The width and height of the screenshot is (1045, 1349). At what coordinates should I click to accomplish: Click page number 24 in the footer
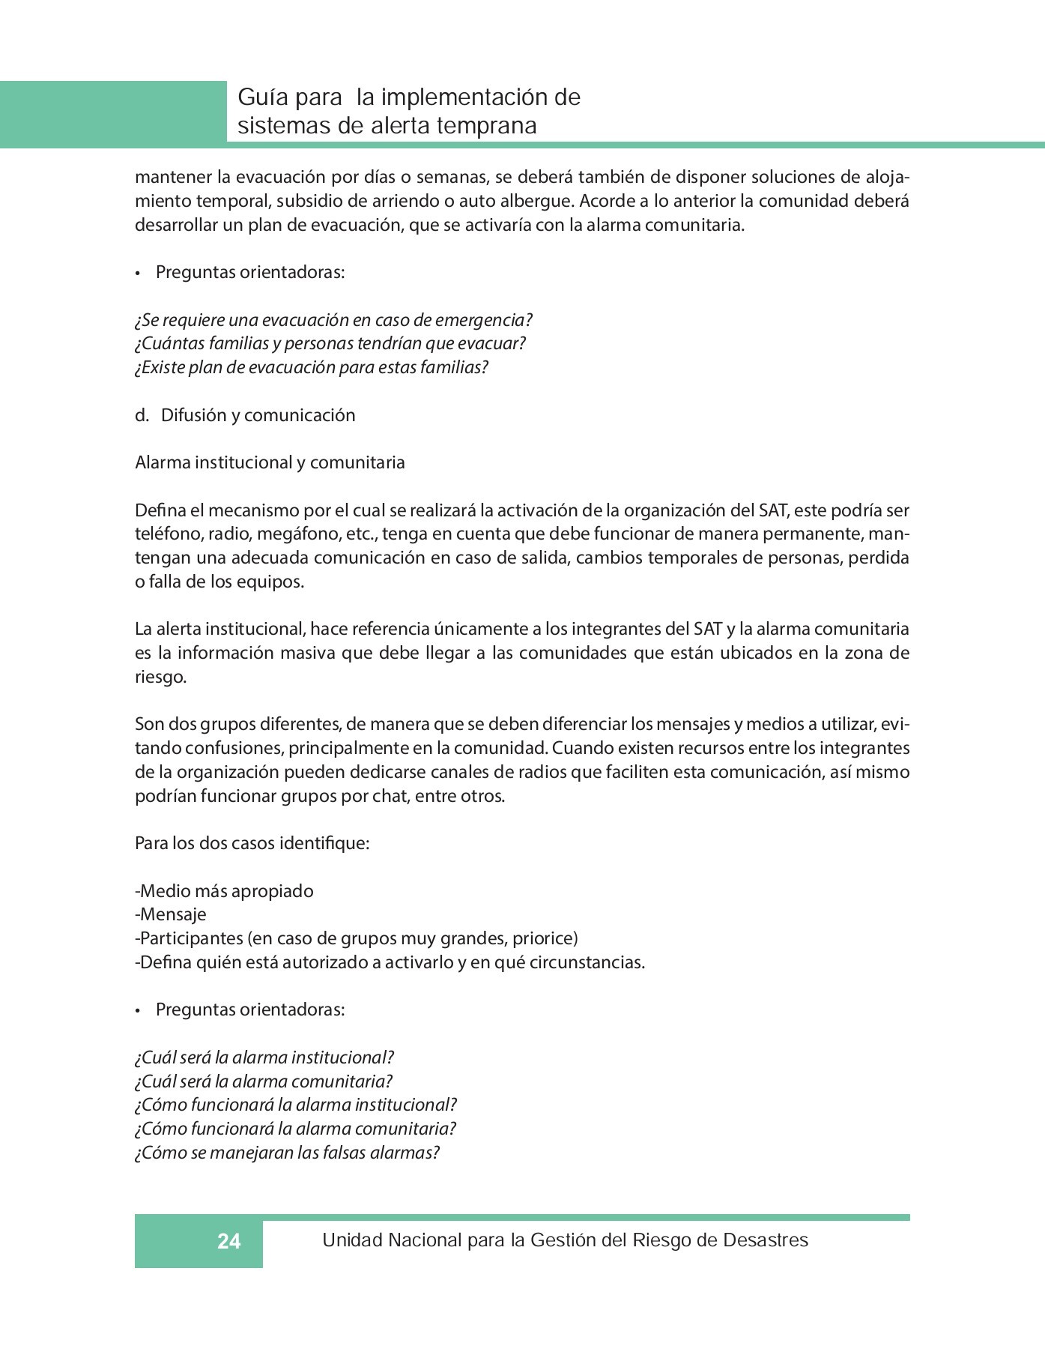[228, 1242]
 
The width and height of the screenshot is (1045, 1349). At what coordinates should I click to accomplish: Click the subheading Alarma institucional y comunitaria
[270, 462]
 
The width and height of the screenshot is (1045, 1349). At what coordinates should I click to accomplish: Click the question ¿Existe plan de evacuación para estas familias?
[312, 367]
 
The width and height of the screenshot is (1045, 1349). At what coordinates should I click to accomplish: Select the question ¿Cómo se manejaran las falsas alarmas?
[287, 1153]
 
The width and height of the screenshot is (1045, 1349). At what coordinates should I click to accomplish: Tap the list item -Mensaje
[171, 914]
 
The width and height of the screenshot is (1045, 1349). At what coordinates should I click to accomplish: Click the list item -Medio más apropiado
[224, 891]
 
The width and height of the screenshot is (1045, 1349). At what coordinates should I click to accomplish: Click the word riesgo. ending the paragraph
[160, 677]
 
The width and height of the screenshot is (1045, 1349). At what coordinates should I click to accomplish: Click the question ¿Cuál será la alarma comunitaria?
[264, 1081]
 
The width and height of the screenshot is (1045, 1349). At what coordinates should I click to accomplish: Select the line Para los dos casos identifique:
[252, 843]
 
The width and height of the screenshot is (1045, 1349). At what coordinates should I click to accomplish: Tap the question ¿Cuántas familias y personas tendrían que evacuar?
[330, 343]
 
